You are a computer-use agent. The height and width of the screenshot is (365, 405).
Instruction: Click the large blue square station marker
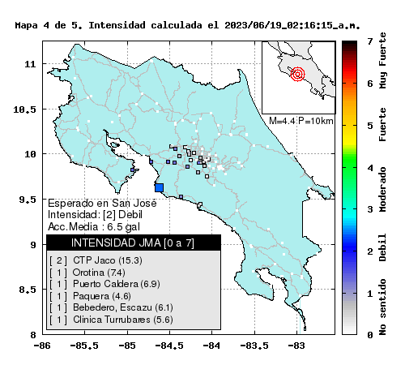pyautogui.click(x=159, y=187)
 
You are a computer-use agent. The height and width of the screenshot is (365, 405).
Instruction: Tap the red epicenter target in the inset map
pyautogui.click(x=297, y=74)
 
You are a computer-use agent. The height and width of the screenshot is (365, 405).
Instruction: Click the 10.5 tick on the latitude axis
pyautogui.click(x=24, y=109)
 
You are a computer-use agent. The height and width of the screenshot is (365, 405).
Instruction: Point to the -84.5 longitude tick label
pyautogui.click(x=169, y=346)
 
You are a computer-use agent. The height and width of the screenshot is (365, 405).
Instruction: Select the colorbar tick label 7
pyautogui.click(x=370, y=41)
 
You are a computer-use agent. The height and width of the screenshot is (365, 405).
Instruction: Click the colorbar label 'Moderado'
pyautogui.click(x=382, y=189)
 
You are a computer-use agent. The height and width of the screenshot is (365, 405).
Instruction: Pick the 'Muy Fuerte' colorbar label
pyautogui.click(x=382, y=60)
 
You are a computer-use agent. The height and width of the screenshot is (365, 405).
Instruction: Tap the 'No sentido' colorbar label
pyautogui.click(x=382, y=307)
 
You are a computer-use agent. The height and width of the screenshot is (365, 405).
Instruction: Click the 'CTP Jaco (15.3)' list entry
pyautogui.click(x=108, y=260)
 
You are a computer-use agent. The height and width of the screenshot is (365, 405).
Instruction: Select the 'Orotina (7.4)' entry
pyautogui.click(x=99, y=273)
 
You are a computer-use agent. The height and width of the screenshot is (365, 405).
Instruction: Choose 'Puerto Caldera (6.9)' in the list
pyautogui.click(x=117, y=284)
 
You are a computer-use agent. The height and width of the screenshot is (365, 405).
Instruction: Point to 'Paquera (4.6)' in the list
pyautogui.click(x=102, y=296)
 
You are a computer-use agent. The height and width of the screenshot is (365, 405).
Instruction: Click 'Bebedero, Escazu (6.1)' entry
pyautogui.click(x=123, y=307)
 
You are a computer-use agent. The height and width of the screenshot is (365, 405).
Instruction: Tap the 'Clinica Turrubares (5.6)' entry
pyautogui.click(x=123, y=320)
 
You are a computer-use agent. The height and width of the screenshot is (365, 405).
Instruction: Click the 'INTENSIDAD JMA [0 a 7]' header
pyautogui.click(x=133, y=243)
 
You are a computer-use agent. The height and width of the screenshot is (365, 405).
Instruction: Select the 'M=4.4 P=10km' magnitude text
pyautogui.click(x=301, y=121)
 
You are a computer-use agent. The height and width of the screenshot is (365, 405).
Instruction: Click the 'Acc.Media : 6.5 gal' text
pyautogui.click(x=94, y=226)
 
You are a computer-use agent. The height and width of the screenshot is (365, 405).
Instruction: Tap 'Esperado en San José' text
pyautogui.click(x=102, y=203)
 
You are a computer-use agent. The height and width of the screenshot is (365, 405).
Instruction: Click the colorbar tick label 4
pyautogui.click(x=370, y=168)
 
